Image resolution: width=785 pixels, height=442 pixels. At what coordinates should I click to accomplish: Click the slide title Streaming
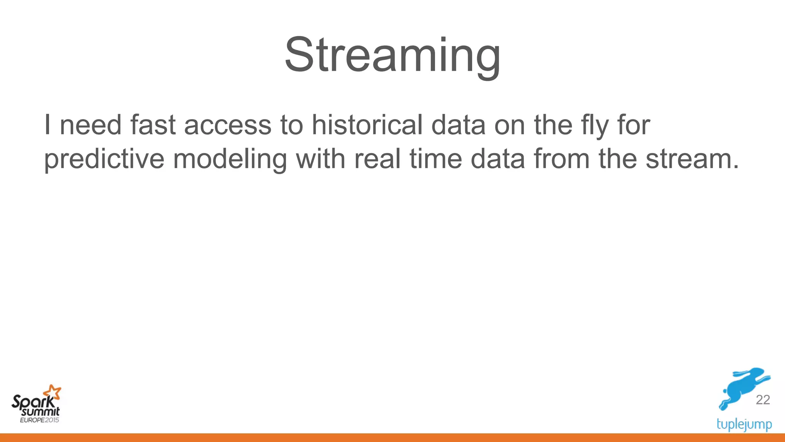click(392, 54)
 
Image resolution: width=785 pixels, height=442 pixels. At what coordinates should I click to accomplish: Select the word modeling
click(230, 158)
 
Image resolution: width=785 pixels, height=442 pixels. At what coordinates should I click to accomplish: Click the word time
click(436, 158)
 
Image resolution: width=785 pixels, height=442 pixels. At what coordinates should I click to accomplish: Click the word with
click(320, 158)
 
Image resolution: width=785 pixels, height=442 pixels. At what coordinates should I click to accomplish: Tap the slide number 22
click(763, 400)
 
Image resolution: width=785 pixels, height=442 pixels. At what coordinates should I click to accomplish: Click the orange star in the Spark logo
click(52, 393)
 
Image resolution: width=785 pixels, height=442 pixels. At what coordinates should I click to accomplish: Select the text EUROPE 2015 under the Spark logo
click(39, 420)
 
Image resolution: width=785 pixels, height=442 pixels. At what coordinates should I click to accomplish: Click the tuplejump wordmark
click(744, 424)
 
